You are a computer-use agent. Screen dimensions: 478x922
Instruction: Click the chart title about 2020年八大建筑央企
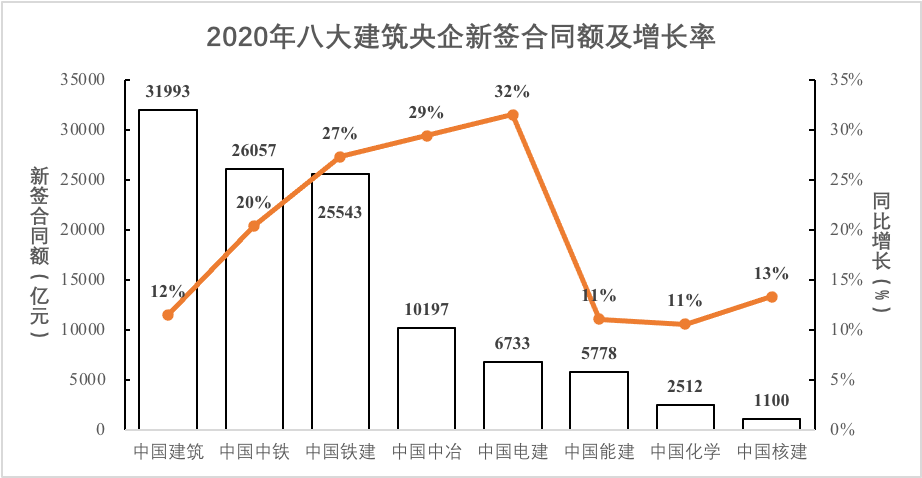(461, 37)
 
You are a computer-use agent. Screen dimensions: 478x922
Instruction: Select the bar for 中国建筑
(168, 270)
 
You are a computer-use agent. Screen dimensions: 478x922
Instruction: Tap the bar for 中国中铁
(254, 300)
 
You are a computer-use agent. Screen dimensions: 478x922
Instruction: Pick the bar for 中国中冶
(426, 379)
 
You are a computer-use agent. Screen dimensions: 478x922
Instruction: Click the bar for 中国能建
(599, 401)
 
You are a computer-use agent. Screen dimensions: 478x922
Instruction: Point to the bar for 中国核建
(771, 424)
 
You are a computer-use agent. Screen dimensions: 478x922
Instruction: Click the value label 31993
(167, 92)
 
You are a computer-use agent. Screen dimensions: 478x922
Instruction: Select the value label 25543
(340, 213)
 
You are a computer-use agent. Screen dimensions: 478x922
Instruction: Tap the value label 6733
(512, 344)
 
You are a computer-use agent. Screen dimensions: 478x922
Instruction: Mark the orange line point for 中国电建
(513, 115)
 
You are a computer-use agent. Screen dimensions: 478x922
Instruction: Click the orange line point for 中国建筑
(168, 315)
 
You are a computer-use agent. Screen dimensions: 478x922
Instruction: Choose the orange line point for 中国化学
(685, 324)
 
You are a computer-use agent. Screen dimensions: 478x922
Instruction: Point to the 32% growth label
(512, 92)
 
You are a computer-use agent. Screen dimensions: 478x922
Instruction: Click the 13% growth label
(772, 273)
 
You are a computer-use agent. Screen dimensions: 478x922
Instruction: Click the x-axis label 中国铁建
(340, 452)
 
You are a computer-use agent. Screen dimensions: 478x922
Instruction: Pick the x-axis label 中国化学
(685, 452)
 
